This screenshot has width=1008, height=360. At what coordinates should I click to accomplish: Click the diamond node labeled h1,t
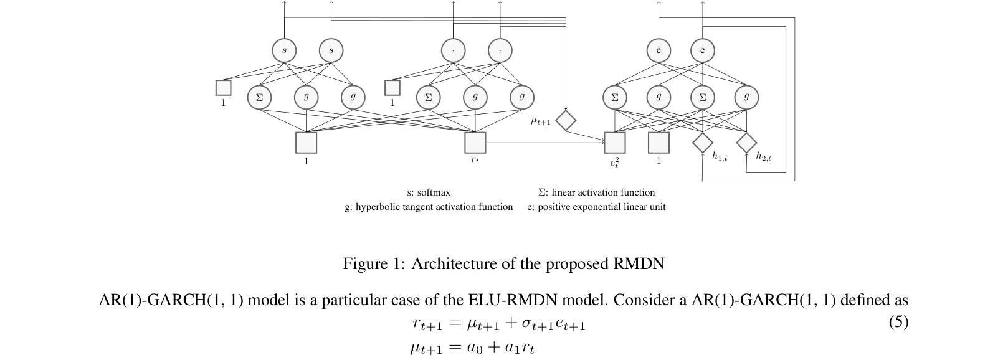coord(702,143)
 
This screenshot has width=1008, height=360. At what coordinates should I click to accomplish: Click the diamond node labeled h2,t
coord(746,143)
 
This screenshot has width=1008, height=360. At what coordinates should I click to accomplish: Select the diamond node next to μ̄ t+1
coord(566,120)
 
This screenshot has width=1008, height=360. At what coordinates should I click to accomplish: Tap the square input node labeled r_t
coord(475,143)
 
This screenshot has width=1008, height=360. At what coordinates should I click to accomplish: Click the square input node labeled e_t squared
coord(614,143)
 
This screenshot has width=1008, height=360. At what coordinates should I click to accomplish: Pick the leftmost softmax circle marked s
coord(285,50)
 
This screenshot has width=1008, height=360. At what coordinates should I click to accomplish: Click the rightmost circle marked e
coord(703,50)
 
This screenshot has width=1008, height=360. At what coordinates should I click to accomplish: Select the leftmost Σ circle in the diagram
coord(259,97)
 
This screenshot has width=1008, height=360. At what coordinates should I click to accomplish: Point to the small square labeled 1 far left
coord(223,88)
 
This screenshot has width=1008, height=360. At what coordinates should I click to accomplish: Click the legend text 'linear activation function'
coord(603,192)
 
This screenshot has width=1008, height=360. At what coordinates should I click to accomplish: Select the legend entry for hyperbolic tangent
coord(434,207)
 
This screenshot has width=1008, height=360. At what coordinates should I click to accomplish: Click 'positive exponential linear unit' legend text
coord(601,207)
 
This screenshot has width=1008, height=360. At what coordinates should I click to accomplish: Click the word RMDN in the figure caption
coord(639,264)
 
